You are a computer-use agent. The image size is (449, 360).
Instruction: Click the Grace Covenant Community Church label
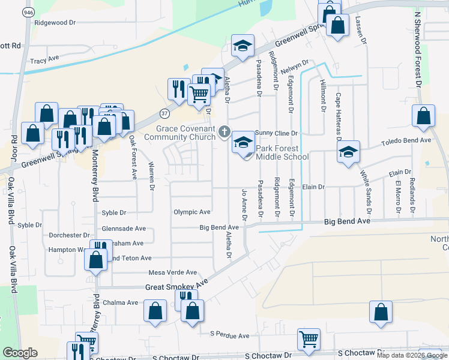(185, 133)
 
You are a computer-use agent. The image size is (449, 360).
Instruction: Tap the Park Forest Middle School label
(282, 152)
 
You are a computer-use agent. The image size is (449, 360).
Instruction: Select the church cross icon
(224, 131)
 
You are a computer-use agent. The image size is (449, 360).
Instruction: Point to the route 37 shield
(164, 112)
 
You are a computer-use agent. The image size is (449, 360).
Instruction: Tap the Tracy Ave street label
(44, 61)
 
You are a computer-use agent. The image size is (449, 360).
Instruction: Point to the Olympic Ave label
(192, 212)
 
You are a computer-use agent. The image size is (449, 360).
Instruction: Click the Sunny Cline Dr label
(277, 133)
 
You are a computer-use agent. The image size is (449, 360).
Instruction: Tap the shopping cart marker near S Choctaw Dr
(309, 338)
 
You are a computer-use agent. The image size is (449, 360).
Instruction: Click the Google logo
(20, 353)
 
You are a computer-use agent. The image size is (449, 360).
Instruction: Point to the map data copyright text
(412, 355)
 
